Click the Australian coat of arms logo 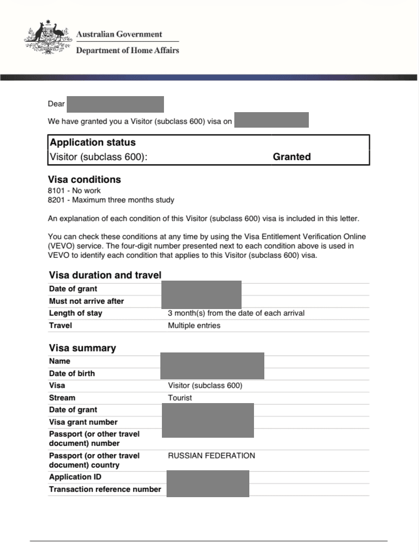click(x=47, y=37)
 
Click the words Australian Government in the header click(x=119, y=35)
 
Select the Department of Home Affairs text click(x=127, y=51)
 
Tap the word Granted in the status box click(x=292, y=157)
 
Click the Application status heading click(x=93, y=143)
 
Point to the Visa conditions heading click(x=84, y=180)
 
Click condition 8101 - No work click(x=74, y=191)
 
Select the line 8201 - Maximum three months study click(x=111, y=200)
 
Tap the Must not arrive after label click(x=86, y=301)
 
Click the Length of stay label click(x=76, y=313)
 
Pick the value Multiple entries click(x=194, y=326)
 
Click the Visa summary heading click(x=82, y=348)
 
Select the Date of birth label click(x=72, y=374)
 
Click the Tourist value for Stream click(x=179, y=398)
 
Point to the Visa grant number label click(x=83, y=422)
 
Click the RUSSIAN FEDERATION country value click(x=212, y=456)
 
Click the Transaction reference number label click(x=105, y=489)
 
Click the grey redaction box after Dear click(x=115, y=104)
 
